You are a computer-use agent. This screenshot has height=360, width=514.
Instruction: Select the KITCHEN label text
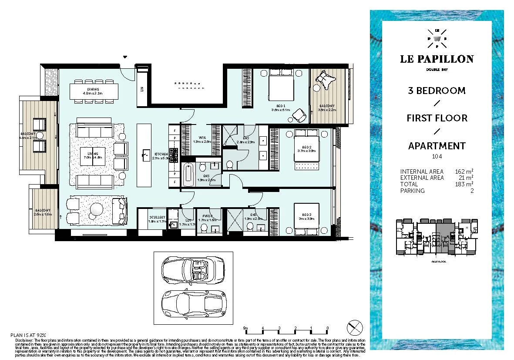[161, 155]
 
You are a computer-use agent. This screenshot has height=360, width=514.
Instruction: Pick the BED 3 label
[307, 215]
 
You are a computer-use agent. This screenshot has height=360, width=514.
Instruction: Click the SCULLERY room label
[157, 217]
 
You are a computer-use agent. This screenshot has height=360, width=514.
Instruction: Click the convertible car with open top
[192, 269]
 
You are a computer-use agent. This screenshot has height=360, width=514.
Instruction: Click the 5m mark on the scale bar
[245, 328]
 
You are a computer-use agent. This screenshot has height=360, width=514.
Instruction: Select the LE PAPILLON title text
[437, 59]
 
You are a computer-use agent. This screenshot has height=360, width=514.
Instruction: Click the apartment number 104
[437, 156]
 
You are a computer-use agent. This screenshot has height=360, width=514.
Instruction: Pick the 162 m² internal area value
[464, 172]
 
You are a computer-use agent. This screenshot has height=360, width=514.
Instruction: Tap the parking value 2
[472, 190]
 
